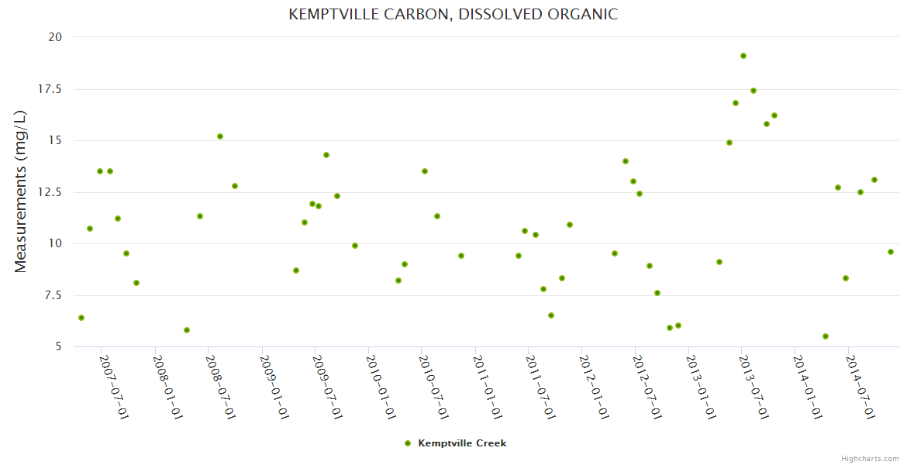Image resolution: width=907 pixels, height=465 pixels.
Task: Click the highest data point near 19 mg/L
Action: tap(743, 56)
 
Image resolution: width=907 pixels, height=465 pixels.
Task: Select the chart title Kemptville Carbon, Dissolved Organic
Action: tap(453, 14)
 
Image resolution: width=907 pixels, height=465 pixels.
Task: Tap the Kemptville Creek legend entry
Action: tap(461, 443)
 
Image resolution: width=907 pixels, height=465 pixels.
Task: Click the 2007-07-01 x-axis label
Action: tap(113, 387)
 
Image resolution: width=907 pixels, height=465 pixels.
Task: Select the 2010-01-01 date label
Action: tap(381, 387)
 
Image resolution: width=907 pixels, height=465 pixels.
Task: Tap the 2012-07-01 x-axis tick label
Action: tap(647, 387)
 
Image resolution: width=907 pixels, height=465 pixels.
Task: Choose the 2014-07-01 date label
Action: tap(860, 387)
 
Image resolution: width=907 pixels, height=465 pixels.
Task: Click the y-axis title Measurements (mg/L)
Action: tap(21, 191)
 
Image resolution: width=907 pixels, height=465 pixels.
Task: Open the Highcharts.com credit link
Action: tap(870, 458)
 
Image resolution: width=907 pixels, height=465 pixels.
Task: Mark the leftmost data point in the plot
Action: tap(81, 318)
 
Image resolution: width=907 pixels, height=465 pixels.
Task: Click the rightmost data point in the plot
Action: tap(891, 252)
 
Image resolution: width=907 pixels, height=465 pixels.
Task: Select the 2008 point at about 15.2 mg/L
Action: tap(220, 136)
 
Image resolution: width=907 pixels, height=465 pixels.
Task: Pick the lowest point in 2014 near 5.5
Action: tap(826, 336)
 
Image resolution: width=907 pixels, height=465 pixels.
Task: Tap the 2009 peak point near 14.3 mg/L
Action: tap(326, 155)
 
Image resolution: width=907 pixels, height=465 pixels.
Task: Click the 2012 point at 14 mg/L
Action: tap(626, 161)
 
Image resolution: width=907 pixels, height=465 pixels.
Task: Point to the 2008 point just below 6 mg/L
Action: tap(187, 330)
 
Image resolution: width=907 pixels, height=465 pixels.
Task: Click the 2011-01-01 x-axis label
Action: tap(488, 387)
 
